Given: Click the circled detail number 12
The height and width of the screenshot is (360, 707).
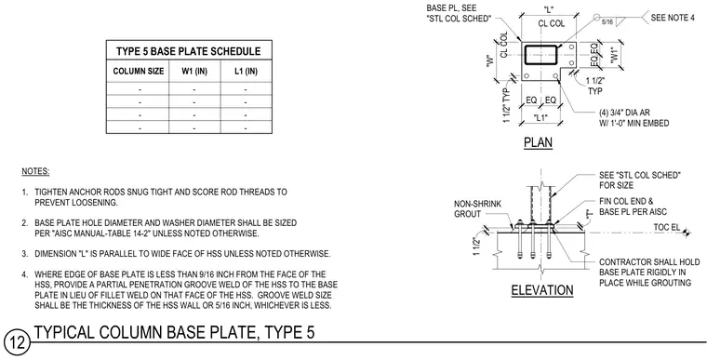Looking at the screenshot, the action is coord(17,344).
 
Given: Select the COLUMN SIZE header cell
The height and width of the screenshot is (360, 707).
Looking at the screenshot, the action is coord(139,72).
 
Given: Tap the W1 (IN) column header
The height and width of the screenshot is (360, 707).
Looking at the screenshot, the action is coord(194,72).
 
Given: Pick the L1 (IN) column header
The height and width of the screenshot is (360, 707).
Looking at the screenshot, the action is coord(247,72).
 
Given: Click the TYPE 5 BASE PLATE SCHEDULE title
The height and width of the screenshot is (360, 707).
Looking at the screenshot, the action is coord(189,51).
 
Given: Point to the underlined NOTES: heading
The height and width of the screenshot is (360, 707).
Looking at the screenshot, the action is coord(35,172).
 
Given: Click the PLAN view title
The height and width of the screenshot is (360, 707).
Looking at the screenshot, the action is coord(538,142).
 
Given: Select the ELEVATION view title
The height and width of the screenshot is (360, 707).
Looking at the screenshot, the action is coord(542,290).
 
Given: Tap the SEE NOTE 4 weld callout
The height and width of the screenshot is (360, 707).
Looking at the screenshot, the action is coord(673,18).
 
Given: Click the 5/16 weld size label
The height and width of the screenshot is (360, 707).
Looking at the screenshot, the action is coord(607,21).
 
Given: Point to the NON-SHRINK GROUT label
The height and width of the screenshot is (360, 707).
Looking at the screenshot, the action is coord(477,209).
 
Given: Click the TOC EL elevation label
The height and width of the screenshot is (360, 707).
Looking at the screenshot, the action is coord(667,227).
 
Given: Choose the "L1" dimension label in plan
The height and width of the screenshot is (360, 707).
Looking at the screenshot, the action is coord(540,118).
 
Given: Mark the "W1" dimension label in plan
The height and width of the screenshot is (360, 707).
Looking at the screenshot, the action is coord(614,55).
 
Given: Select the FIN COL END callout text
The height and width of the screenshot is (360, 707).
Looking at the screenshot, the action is coord(626,201).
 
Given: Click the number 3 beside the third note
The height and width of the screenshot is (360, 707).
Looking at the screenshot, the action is coord(25,254).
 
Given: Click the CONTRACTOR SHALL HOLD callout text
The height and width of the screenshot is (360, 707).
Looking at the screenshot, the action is coord(649,262).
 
